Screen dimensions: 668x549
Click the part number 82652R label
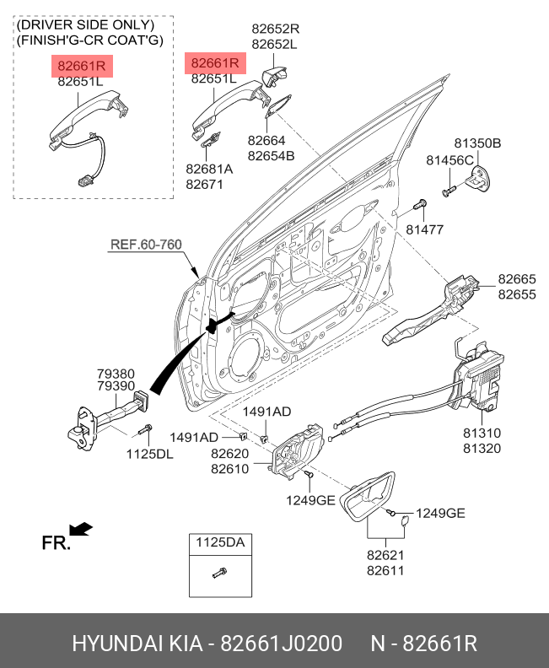pyautogui.click(x=275, y=28)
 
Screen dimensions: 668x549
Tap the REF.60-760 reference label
pyautogui.click(x=146, y=245)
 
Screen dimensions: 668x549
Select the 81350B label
pyautogui.click(x=477, y=144)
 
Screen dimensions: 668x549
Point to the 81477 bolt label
pyautogui.click(x=423, y=229)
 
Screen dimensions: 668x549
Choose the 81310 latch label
pyautogui.click(x=481, y=433)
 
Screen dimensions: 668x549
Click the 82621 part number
pyautogui.click(x=385, y=555)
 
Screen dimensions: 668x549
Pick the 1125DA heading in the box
pyautogui.click(x=220, y=543)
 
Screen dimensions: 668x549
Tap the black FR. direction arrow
pyautogui.click(x=81, y=530)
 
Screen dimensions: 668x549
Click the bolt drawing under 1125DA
pyautogui.click(x=218, y=574)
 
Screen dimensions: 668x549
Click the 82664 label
pyautogui.click(x=266, y=141)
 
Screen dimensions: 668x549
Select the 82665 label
pyautogui.click(x=516, y=279)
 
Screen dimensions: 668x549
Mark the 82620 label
pyautogui.click(x=229, y=454)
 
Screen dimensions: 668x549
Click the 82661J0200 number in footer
pyautogui.click(x=281, y=644)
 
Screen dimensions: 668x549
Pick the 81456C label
pyautogui.click(x=450, y=159)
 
